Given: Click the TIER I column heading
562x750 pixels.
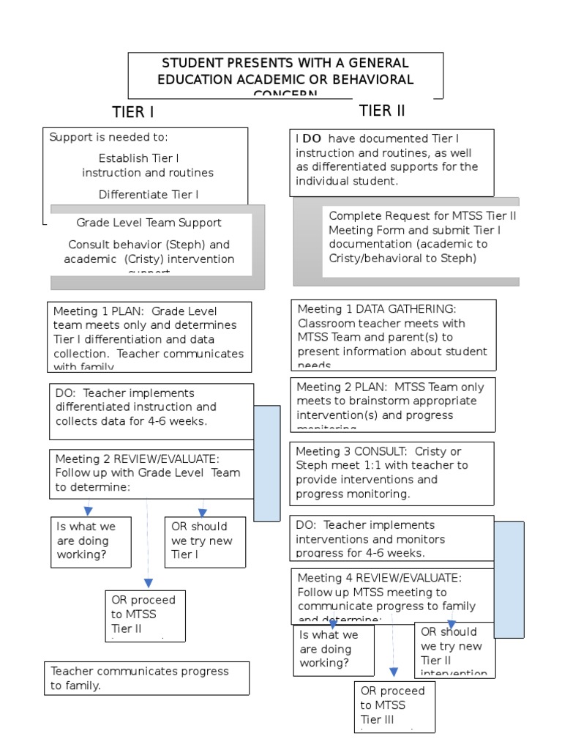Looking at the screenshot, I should (x=132, y=112).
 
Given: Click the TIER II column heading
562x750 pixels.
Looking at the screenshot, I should (x=381, y=111).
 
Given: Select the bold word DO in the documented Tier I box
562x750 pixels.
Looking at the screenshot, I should (x=312, y=138).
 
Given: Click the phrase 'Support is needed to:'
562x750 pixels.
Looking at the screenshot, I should (x=108, y=137).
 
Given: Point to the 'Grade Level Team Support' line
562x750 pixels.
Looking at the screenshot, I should (x=149, y=223).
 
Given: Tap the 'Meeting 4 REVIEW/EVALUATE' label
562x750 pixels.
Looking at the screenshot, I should (x=379, y=578).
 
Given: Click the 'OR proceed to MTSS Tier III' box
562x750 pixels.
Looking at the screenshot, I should (x=394, y=706).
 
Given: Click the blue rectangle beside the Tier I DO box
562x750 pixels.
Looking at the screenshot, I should (x=266, y=463).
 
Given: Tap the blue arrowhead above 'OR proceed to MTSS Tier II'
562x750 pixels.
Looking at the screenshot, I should (x=149, y=583).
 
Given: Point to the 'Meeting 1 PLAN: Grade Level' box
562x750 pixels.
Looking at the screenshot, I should (x=149, y=337).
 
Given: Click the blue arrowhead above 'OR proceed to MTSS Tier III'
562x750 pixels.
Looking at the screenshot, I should (x=394, y=672).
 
